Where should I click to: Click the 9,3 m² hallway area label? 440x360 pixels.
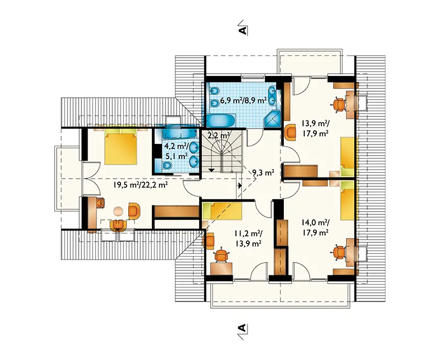tap(263, 173)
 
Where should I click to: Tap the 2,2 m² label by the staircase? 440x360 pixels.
tap(219, 135)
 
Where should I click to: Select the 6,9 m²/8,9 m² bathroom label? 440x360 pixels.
tap(243, 100)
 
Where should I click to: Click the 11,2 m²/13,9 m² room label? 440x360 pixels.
tap(249, 238)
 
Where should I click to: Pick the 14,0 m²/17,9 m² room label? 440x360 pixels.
tap(315, 228)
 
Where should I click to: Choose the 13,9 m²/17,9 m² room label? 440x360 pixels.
tap(315, 128)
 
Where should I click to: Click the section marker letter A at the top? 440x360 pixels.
tap(243, 29)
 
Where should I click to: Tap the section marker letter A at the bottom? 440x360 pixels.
tap(243, 329)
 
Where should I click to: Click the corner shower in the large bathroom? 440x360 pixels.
tap(272, 120)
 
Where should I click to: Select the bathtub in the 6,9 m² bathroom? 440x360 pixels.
tap(218, 120)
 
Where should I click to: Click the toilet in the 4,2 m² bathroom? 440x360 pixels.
tap(167, 166)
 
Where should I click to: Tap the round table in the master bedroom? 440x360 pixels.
tap(118, 211)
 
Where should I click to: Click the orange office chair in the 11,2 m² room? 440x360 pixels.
tap(222, 256)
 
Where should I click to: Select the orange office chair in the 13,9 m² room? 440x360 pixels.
tap(339, 104)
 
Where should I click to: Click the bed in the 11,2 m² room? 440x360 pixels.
tap(222, 212)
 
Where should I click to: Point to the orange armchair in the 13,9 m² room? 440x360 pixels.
tap(290, 132)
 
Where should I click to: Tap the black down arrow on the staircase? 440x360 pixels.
tap(211, 170)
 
